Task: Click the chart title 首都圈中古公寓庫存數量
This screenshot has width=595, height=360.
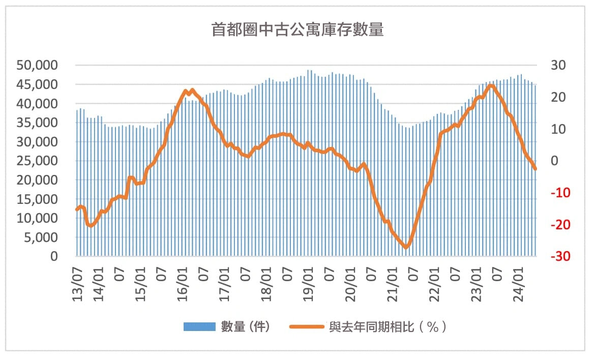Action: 297,30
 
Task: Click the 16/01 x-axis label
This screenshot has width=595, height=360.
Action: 182,287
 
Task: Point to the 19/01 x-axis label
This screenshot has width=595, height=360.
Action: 308,287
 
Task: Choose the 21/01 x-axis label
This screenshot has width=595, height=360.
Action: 392,287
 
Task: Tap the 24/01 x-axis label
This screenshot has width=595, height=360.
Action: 518,287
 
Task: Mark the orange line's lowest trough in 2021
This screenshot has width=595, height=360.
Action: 406,247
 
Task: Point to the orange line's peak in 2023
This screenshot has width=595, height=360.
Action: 491,85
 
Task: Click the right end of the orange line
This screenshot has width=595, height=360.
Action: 535,168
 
